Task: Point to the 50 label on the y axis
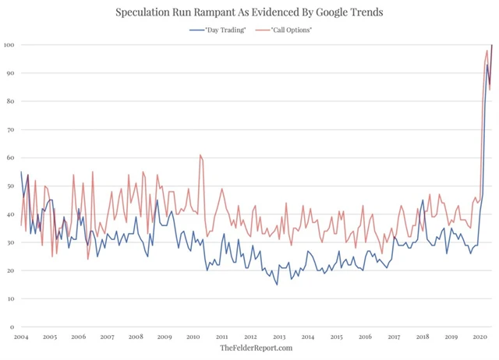coord(9,186)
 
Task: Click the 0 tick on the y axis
coord(11,326)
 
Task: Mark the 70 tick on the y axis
coord(9,129)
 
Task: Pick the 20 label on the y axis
coord(9,270)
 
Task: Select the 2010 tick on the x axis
coord(193,337)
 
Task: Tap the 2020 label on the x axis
coord(480,337)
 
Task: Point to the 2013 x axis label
coord(279,337)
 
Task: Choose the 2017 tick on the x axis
coord(394,337)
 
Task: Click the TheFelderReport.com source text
coord(256,348)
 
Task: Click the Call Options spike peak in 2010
coord(200,155)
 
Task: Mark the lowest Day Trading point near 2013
coord(277,284)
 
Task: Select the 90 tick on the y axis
coord(9,73)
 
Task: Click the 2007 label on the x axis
coord(107,337)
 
